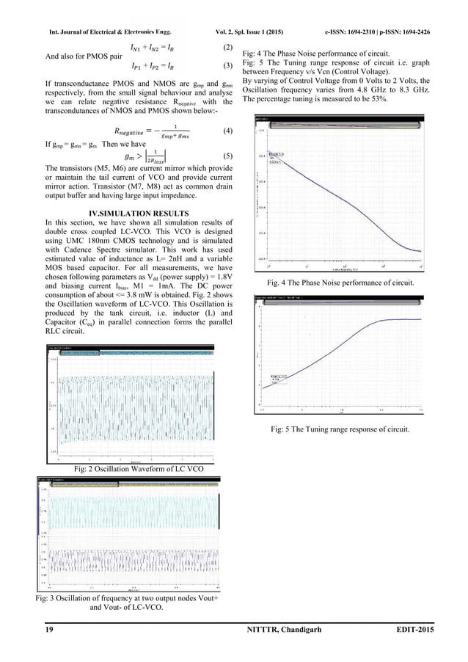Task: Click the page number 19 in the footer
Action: point(31,632)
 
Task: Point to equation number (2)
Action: point(227,48)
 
